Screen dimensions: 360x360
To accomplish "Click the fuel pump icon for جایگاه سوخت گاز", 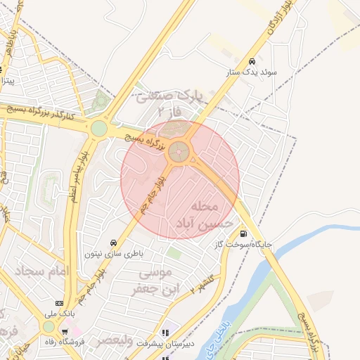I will point(243,234).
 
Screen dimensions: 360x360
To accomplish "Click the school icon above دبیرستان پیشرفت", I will point(166,333).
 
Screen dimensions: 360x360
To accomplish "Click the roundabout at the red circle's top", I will point(181,150).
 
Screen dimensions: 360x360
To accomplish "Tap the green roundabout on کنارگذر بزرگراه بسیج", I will point(99,128).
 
